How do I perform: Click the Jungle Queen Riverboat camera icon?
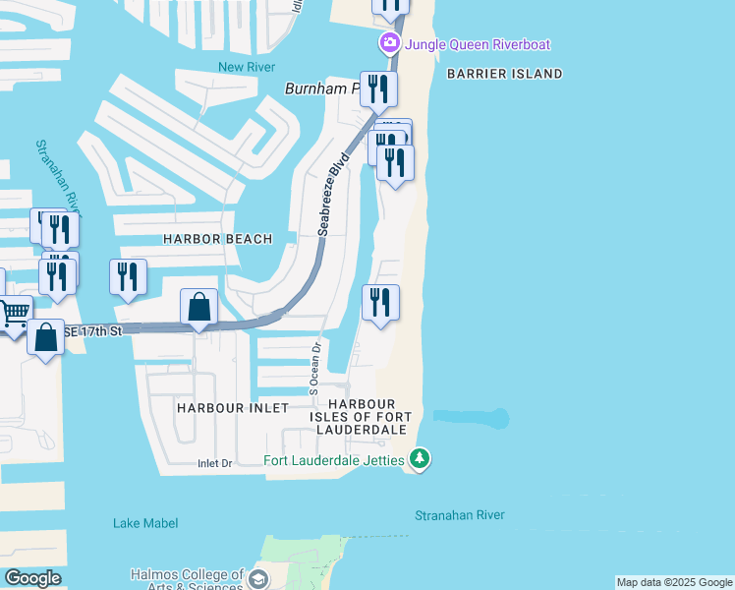390,43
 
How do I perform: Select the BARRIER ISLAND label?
504,74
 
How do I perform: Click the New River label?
244,67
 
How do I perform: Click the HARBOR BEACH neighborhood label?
208,239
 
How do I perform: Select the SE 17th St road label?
92,331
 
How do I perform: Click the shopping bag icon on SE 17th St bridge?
198,307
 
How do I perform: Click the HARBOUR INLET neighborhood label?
233,407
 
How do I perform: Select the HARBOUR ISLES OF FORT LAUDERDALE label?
362,417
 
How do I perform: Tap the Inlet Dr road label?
214,463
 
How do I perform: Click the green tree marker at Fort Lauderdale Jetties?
420,458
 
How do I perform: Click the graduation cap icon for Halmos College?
258,578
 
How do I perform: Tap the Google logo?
32,578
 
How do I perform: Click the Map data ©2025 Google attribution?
674,582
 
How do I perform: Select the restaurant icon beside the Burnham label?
378,89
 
